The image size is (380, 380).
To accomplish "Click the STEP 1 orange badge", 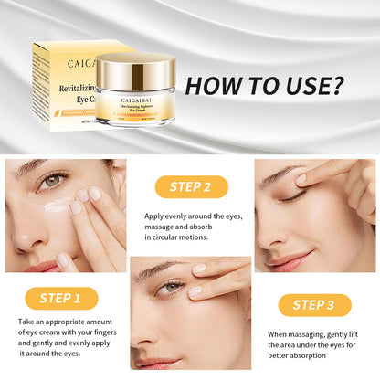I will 64,298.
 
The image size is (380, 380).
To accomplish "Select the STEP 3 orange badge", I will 314,305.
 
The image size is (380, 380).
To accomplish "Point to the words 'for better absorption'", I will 310,358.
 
